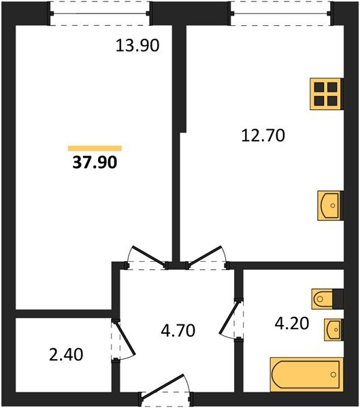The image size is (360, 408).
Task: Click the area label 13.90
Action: (139, 46)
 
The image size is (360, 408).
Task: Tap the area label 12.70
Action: (262, 135)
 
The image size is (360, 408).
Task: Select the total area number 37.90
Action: (95, 163)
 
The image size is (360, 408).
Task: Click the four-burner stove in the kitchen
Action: (325, 94)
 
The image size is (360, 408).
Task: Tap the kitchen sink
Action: (329, 205)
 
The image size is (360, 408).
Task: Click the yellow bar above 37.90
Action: (95, 148)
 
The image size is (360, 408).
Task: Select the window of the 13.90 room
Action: (100, 12)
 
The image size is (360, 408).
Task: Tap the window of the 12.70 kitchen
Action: (281, 12)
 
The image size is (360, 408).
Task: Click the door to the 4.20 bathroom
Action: (231, 320)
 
